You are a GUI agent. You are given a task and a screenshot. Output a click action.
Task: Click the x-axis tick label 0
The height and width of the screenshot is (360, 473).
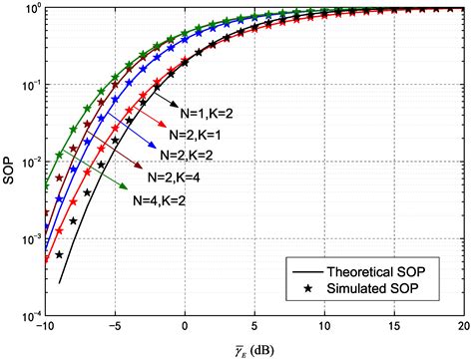(185, 328)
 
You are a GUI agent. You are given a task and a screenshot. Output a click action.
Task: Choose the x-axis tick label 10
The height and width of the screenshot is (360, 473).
(323, 328)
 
